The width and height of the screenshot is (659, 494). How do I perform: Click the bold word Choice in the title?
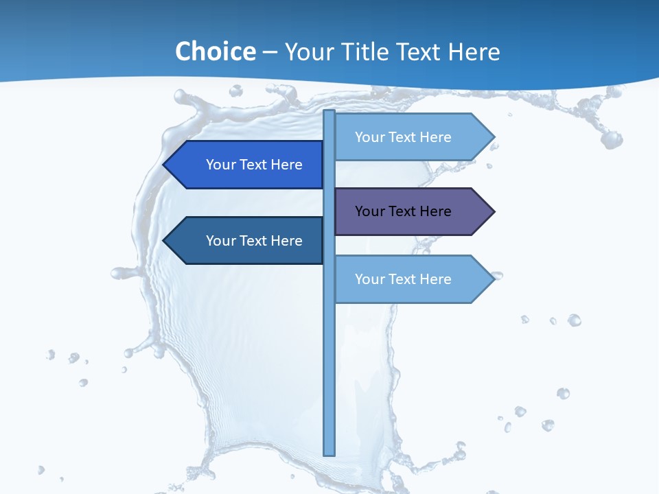point(215,52)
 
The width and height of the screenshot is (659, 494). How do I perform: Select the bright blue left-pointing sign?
point(244,165)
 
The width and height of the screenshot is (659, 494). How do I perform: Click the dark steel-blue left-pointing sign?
point(244,241)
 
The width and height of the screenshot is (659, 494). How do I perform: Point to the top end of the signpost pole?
point(329,113)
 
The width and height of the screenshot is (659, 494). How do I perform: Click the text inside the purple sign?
point(403,211)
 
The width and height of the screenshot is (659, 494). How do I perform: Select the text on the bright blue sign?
point(254,165)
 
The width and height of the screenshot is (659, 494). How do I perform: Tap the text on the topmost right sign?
point(403,137)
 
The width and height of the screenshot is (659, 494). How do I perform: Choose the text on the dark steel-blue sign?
point(254,241)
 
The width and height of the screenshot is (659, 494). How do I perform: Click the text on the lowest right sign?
point(403,279)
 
